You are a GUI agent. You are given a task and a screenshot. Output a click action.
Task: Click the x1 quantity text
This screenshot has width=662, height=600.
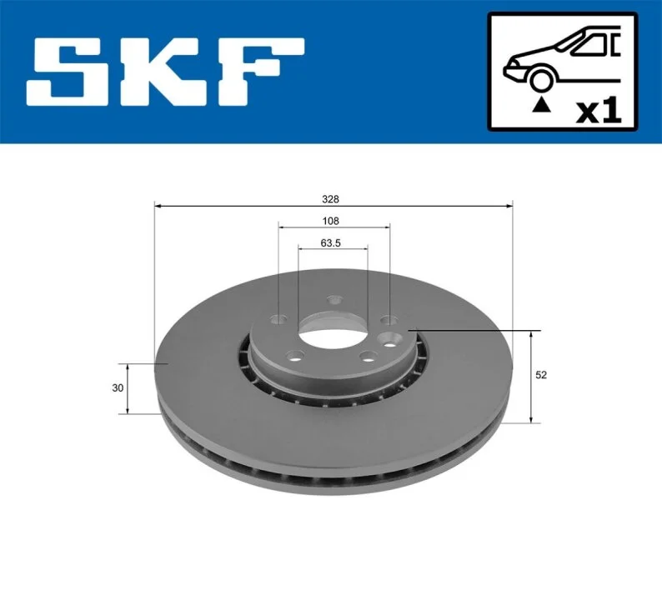click(599, 111)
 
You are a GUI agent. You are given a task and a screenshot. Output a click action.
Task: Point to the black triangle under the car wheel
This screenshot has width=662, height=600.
click(542, 105)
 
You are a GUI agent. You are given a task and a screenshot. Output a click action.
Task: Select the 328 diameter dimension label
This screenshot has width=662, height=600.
click(330, 199)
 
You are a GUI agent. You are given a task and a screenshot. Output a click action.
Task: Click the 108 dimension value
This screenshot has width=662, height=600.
click(330, 221)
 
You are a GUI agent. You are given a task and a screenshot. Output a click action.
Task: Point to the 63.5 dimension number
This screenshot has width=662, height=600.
click(330, 243)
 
